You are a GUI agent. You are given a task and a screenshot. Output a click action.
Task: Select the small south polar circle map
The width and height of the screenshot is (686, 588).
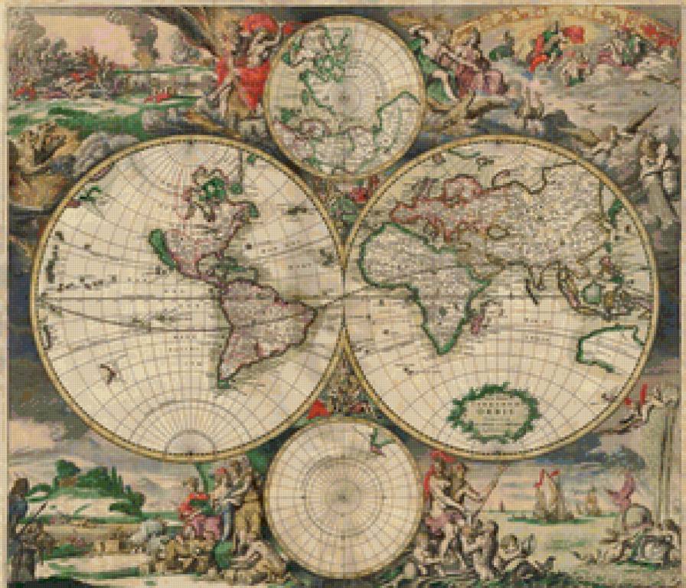[x=344, y=498]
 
